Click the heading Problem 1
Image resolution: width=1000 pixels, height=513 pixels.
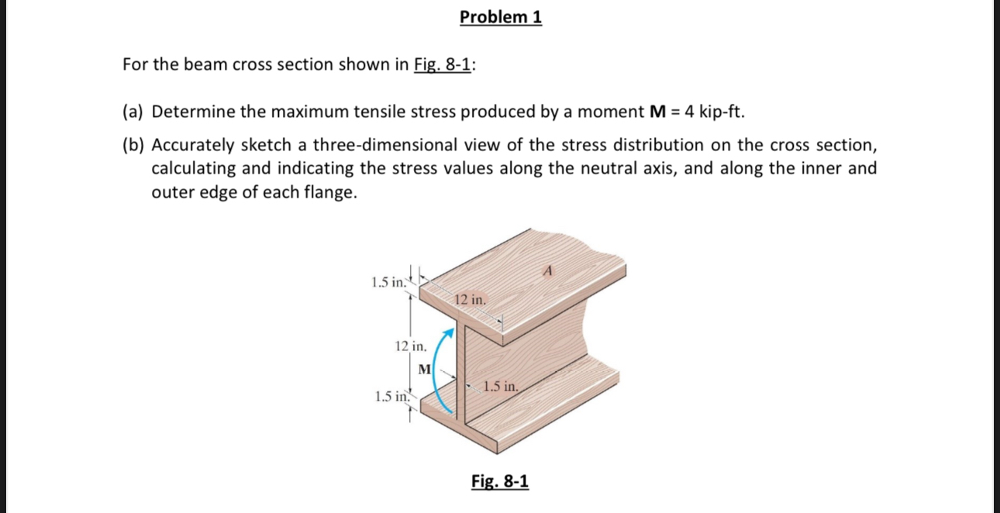click(x=500, y=17)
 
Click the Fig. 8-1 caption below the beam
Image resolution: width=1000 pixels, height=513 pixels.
click(x=500, y=481)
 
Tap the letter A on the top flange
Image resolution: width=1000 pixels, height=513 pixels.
click(x=548, y=271)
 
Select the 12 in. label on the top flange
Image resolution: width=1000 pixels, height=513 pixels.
click(x=470, y=299)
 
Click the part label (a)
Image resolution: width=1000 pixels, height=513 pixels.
click(x=133, y=112)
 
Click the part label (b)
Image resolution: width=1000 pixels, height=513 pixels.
click(x=133, y=146)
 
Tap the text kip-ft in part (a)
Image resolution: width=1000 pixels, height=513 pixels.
click(x=721, y=112)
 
